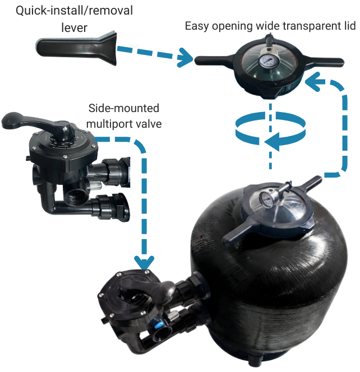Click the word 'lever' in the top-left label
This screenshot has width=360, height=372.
75,27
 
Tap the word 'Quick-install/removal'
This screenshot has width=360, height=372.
74,11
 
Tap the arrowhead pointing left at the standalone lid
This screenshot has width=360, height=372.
312,82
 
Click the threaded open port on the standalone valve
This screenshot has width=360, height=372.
73,198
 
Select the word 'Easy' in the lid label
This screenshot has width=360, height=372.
196,26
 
